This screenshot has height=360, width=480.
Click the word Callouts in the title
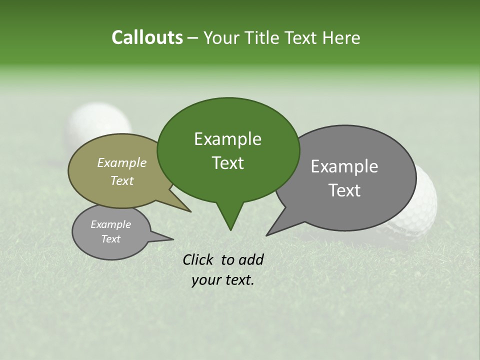click(147, 38)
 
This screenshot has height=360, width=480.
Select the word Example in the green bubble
click(227, 139)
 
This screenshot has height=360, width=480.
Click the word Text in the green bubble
click(228, 163)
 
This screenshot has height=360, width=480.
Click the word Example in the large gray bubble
click(344, 166)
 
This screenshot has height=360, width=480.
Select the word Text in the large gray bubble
click(345, 190)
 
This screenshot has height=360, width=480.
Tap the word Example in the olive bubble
click(122, 162)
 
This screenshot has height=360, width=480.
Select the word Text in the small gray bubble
click(111, 239)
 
